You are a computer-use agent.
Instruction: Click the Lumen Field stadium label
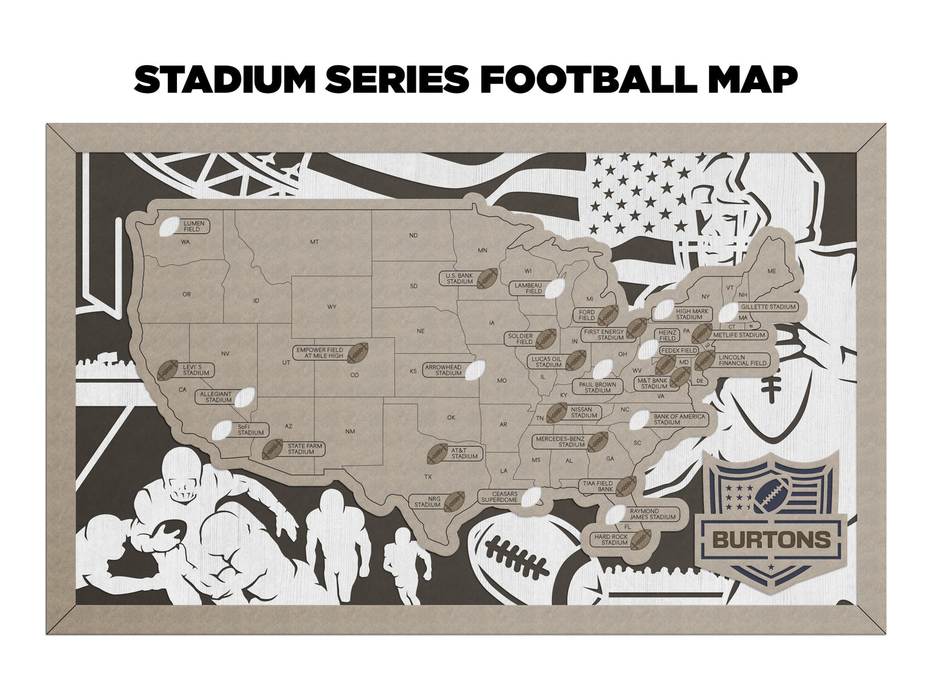pyautogui.click(x=194, y=226)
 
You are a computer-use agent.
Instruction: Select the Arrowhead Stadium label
pyautogui.click(x=444, y=370)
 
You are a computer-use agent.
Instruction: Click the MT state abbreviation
pyautogui.click(x=314, y=242)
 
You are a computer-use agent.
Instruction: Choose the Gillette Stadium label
pyautogui.click(x=769, y=307)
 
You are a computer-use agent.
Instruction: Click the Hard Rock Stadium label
pyautogui.click(x=611, y=539)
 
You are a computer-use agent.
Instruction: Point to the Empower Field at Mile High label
pyautogui.click(x=320, y=353)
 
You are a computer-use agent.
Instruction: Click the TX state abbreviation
pyautogui.click(x=427, y=477)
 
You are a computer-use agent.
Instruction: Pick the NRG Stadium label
pyautogui.click(x=427, y=501)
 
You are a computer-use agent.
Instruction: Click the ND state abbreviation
pyautogui.click(x=413, y=236)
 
